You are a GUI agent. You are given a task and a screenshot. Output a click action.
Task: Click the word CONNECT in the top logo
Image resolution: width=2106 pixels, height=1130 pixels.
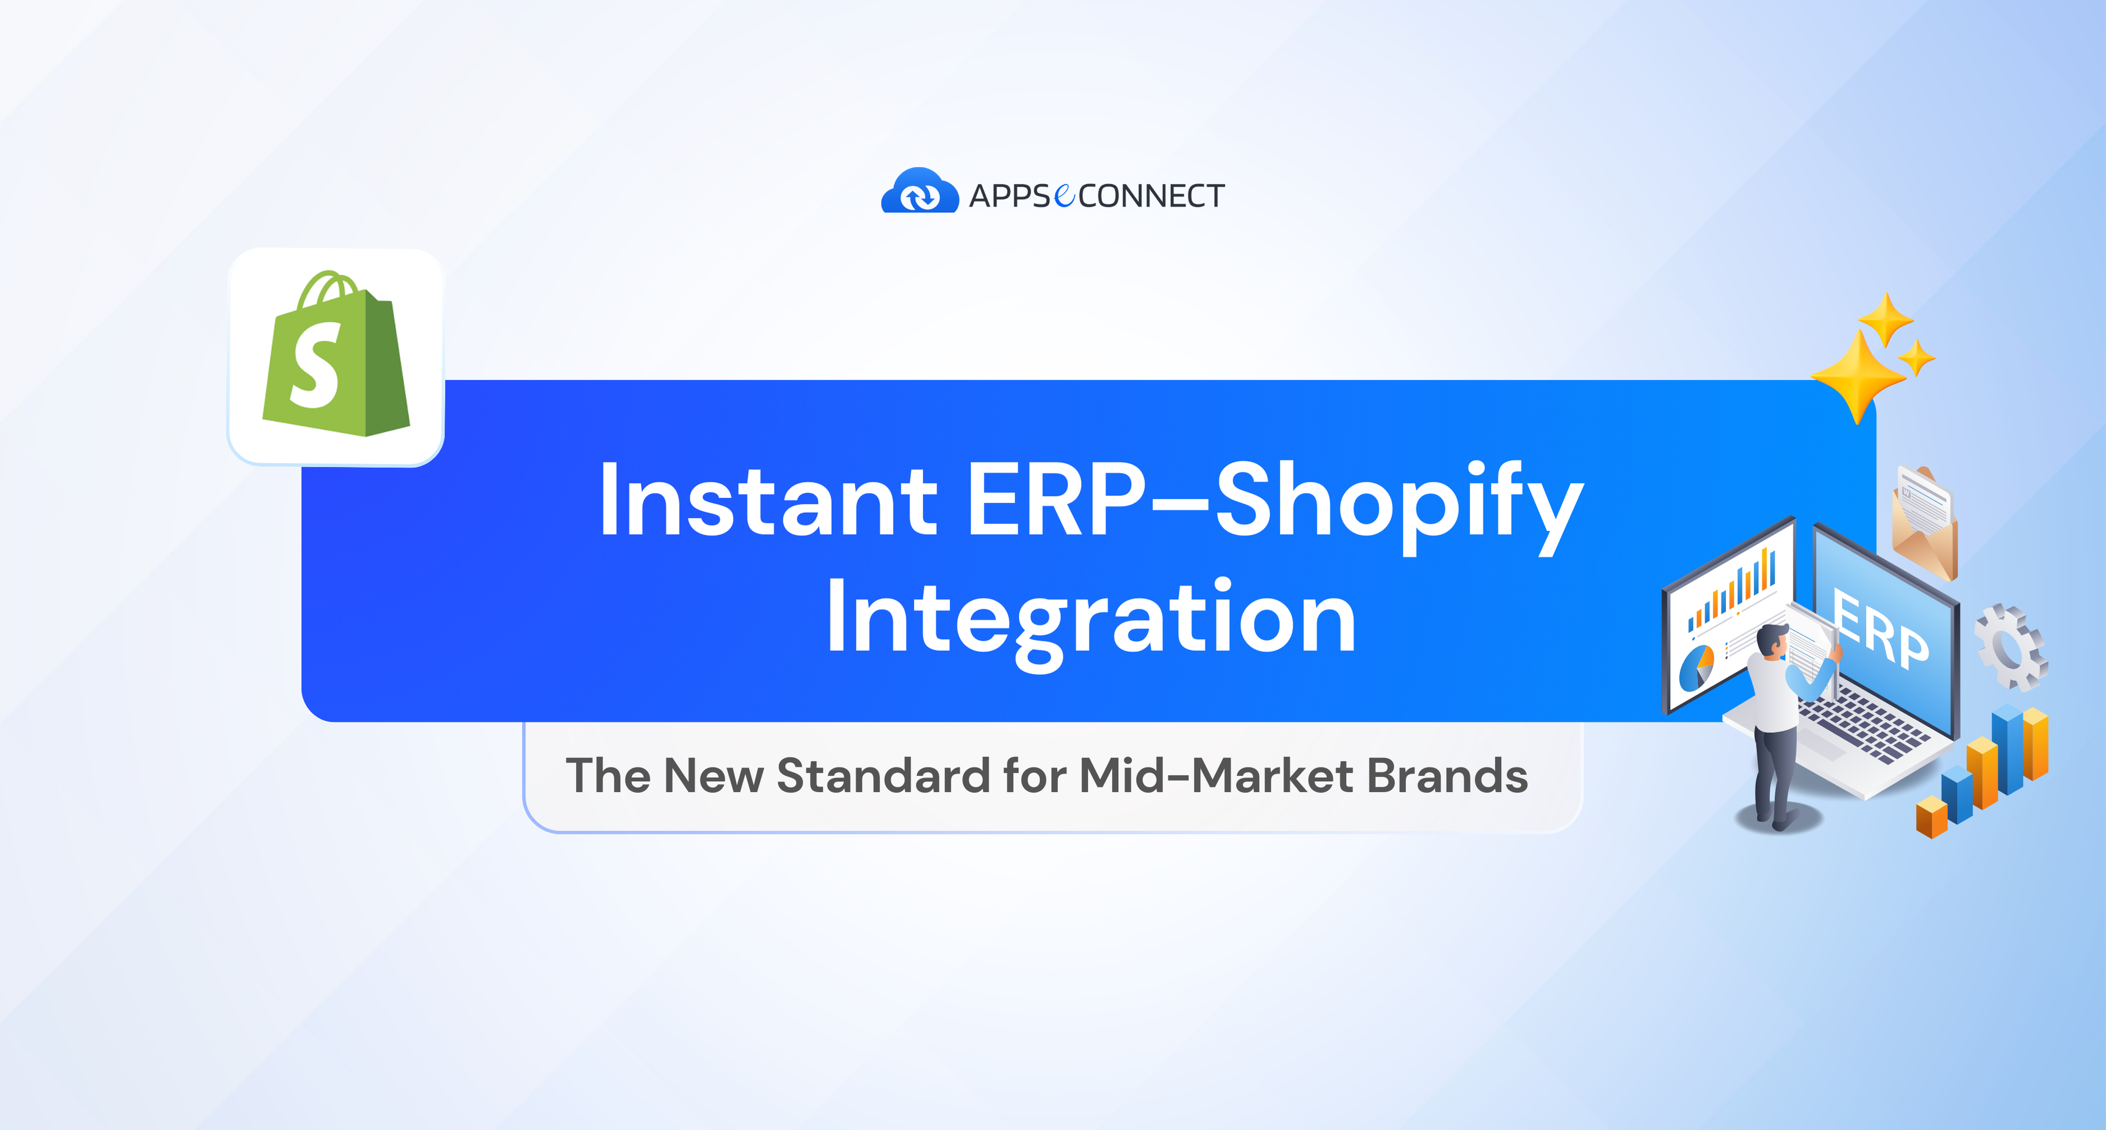click(x=1151, y=196)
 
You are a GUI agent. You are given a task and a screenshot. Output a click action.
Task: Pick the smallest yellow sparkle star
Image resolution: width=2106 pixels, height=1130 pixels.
click(x=1916, y=357)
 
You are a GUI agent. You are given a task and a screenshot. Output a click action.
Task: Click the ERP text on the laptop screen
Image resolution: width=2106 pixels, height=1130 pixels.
click(x=1880, y=630)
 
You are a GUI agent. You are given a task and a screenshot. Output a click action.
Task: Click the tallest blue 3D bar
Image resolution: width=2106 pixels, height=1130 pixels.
click(x=2007, y=748)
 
